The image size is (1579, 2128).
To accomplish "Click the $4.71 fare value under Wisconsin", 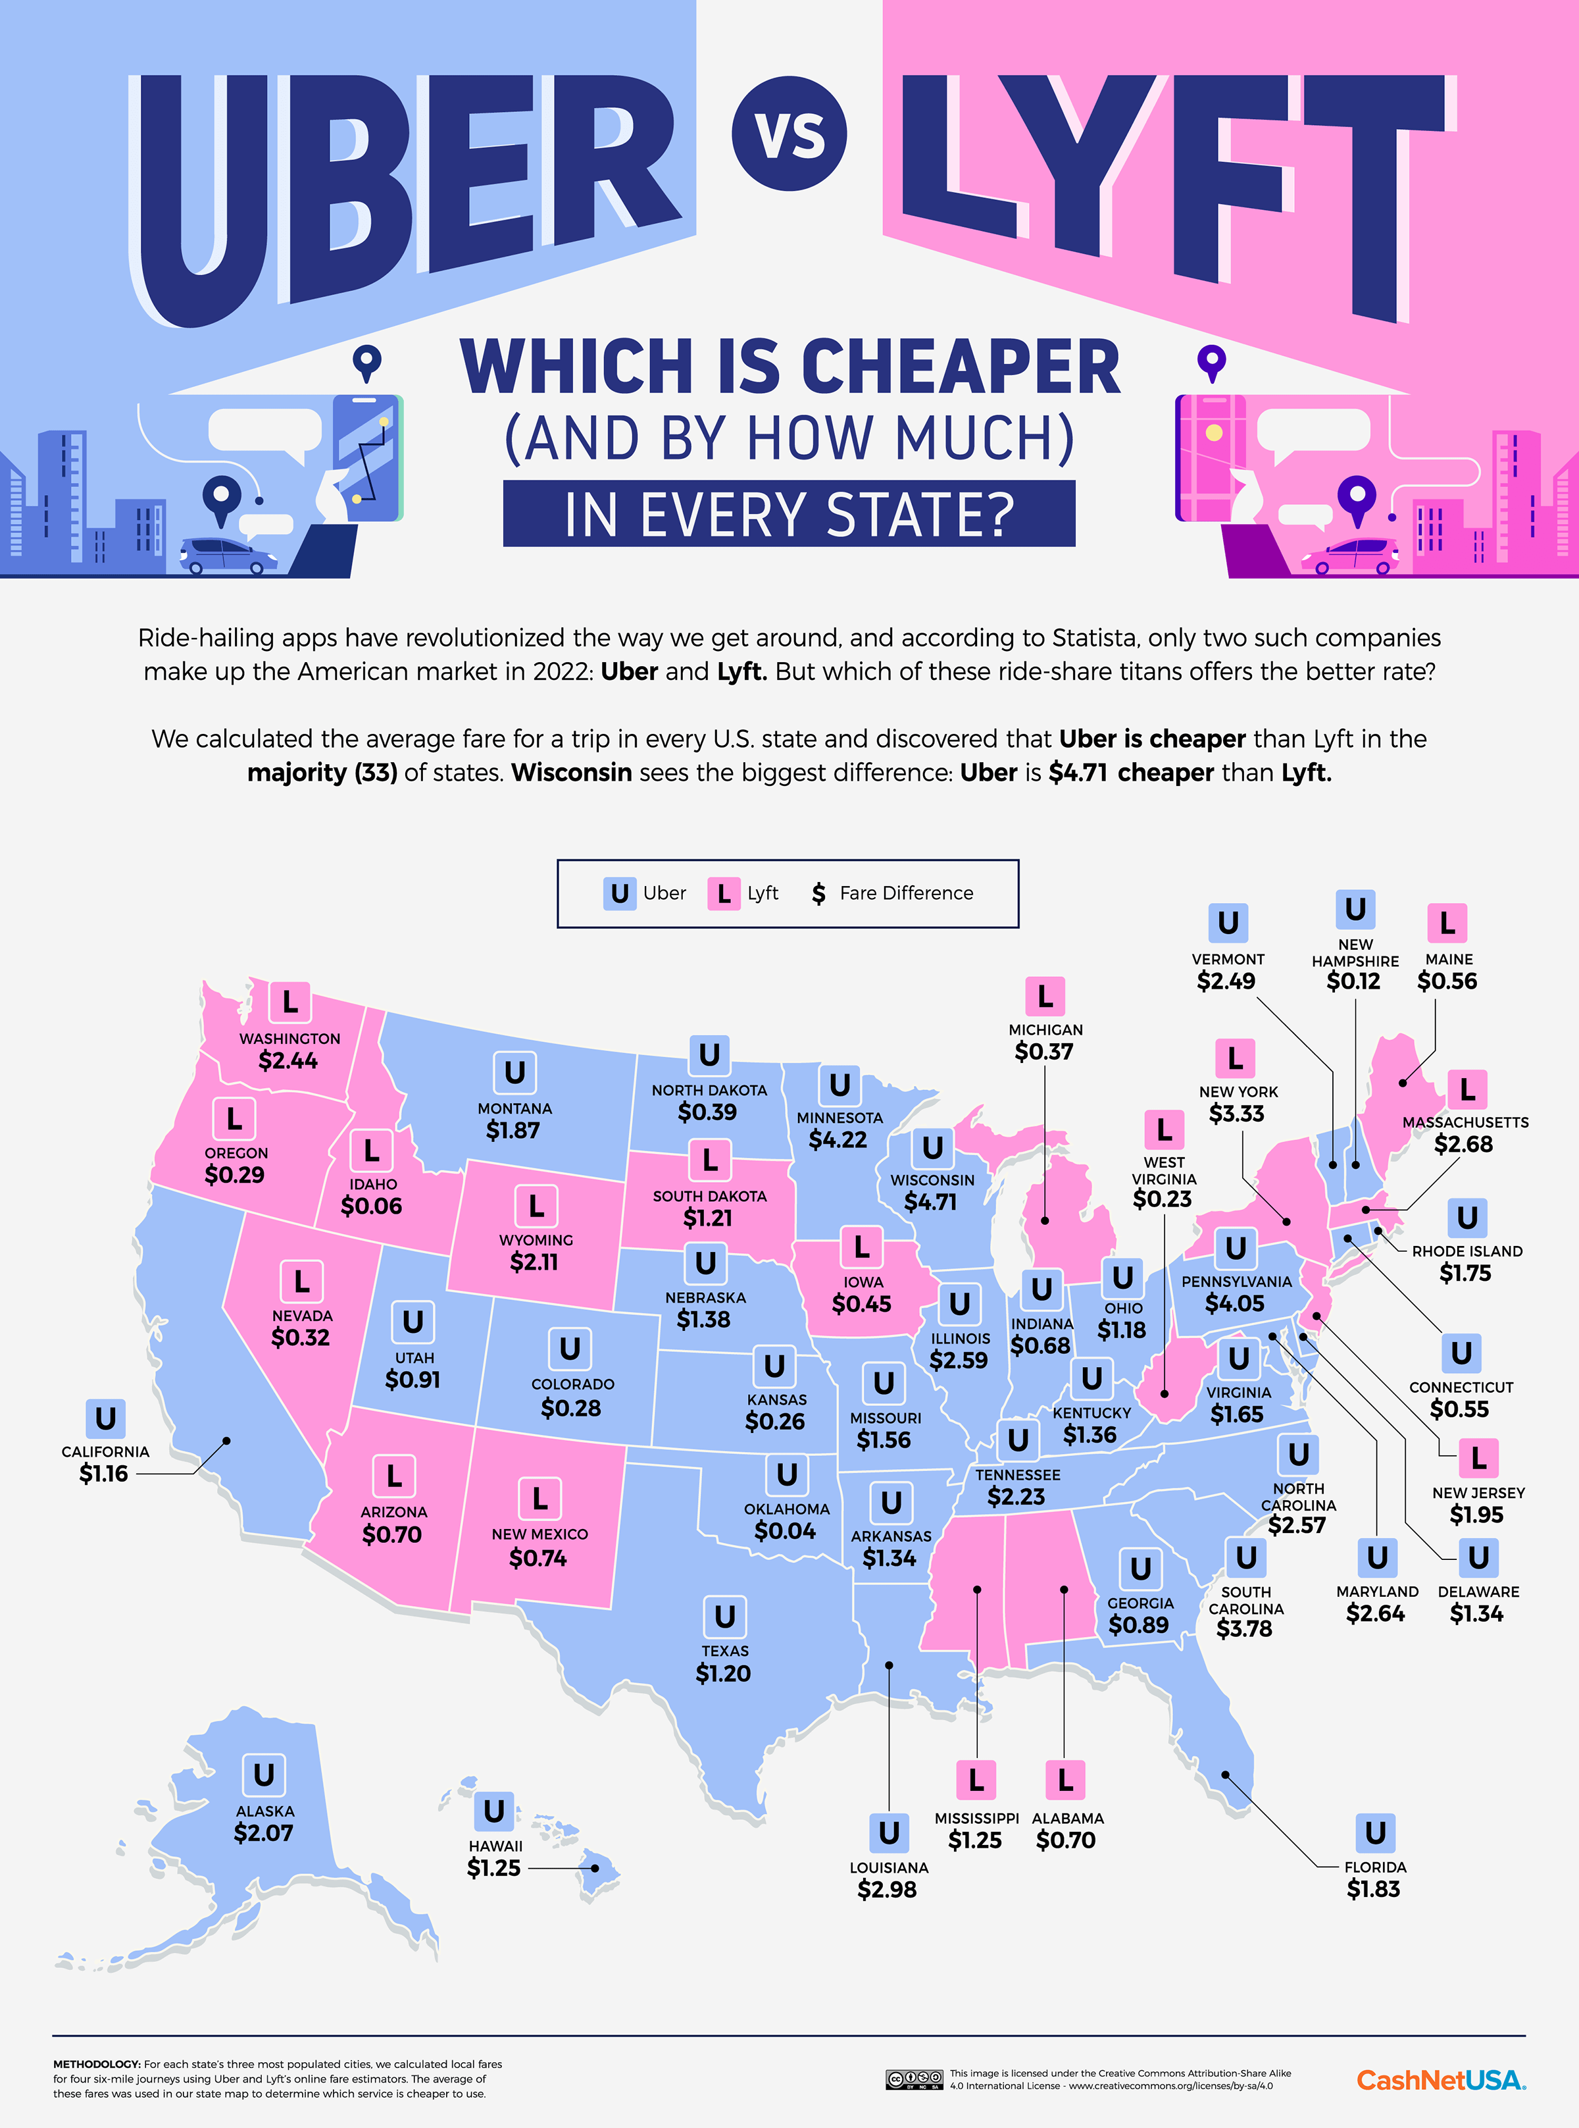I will coord(930,1202).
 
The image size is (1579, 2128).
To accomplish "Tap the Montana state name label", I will coord(514,1108).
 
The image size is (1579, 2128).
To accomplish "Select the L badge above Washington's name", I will coord(289,1002).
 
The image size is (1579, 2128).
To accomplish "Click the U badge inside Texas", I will coord(724,1617).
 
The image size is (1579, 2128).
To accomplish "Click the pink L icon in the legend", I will coord(724,894).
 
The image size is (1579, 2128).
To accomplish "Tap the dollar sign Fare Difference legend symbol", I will coord(818,894).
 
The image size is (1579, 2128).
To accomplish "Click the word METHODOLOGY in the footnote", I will coord(95,2064).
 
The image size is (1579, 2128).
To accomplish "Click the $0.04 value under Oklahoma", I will coord(785,1530).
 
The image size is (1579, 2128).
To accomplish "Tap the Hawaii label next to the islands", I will coord(495,1846).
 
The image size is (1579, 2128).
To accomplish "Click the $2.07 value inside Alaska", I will coord(264,1832).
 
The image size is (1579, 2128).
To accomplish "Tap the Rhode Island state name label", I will coord(1466,1251).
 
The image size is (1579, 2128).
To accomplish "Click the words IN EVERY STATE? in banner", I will coord(789,514).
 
